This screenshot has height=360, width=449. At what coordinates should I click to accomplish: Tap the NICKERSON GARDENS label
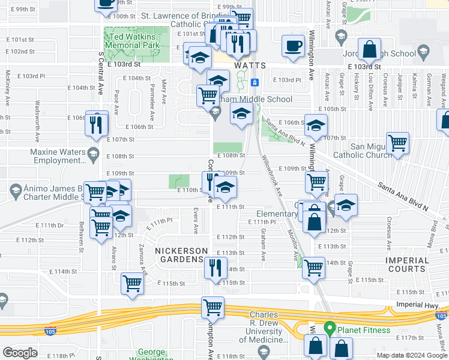tap(181, 255)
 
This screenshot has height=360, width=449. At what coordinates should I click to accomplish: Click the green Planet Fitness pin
tap(329, 329)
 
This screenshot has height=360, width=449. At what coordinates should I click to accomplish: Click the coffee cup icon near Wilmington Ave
tap(293, 46)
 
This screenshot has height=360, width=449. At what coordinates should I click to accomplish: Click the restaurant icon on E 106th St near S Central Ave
tap(97, 124)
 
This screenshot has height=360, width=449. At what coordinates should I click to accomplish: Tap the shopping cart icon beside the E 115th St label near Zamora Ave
tap(132, 283)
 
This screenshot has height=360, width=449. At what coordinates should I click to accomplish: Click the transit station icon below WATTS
tap(255, 82)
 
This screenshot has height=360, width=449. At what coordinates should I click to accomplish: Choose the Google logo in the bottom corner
tap(20, 353)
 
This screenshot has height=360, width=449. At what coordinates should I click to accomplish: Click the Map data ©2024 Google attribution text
tap(412, 355)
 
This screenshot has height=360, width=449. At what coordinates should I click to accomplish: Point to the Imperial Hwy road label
tap(418, 304)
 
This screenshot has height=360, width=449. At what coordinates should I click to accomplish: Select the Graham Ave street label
tap(264, 247)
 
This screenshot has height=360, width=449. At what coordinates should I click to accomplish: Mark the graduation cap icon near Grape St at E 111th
tap(346, 205)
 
